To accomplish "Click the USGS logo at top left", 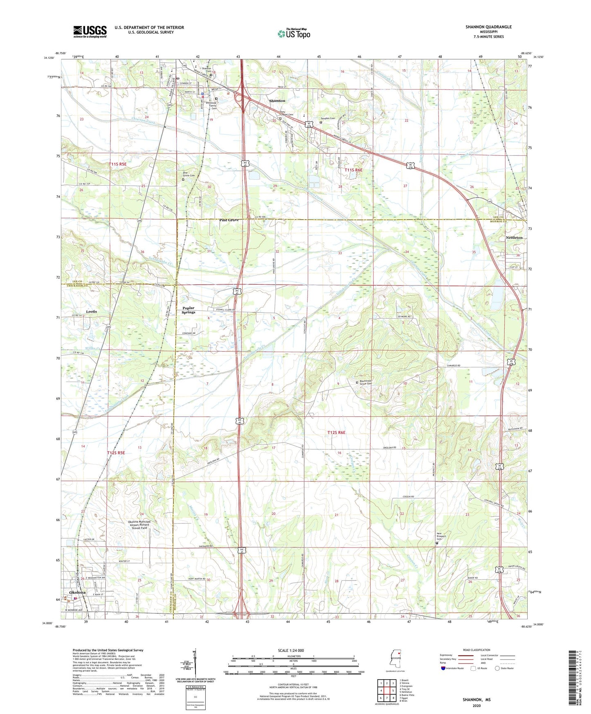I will (90, 31).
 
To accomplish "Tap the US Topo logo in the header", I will (294, 33).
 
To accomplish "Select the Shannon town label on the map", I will (277, 101).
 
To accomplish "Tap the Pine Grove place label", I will (229, 220).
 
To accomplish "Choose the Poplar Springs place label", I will (188, 310).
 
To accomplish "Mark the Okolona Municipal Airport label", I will (139, 525).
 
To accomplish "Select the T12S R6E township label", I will (336, 432).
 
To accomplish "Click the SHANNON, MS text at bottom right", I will (476, 700).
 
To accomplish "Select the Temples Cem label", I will (328, 119).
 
